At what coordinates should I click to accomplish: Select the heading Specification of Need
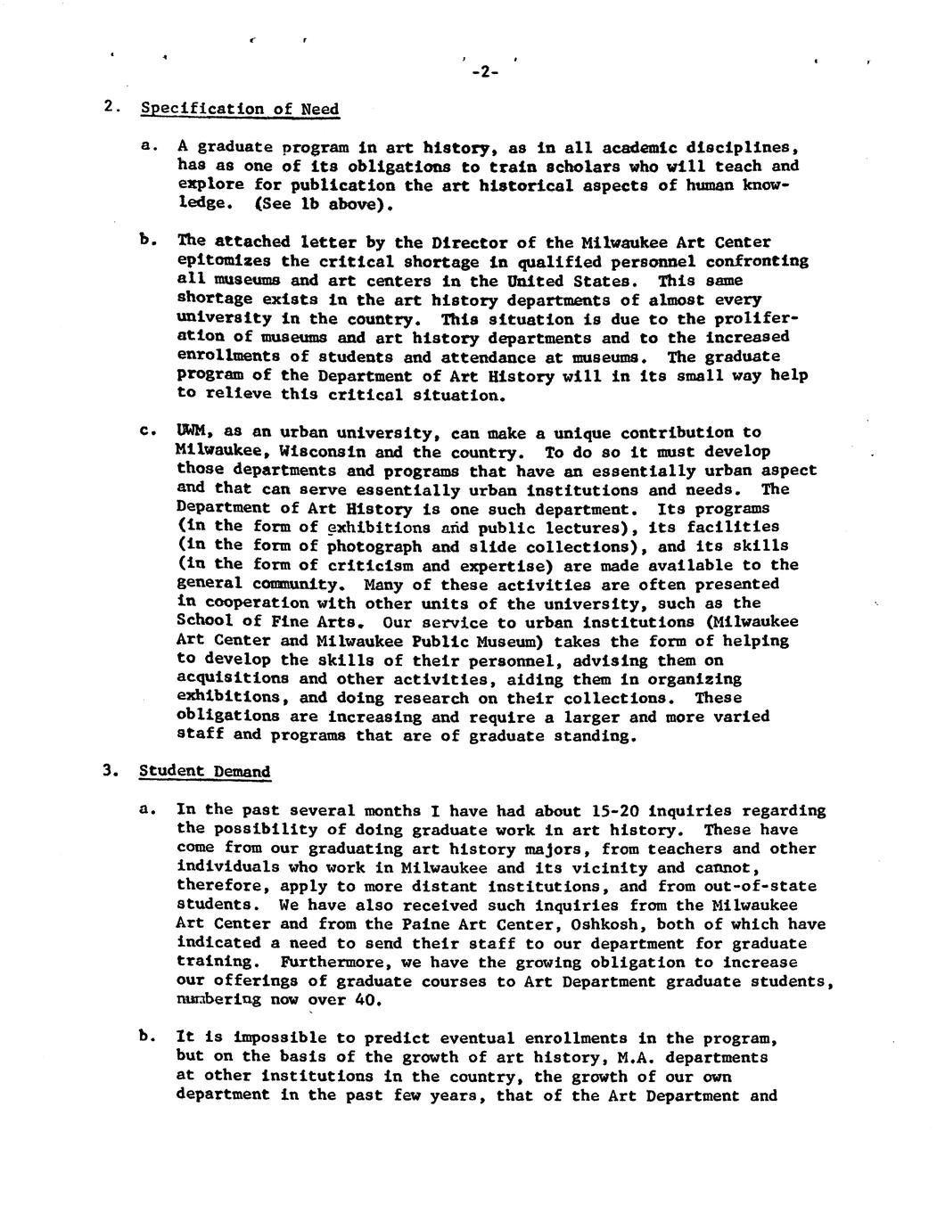(240, 110)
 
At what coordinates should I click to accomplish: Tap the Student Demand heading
(204, 772)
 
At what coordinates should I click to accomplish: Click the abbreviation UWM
(192, 433)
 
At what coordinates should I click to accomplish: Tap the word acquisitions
(229, 679)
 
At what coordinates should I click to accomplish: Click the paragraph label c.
(147, 433)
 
